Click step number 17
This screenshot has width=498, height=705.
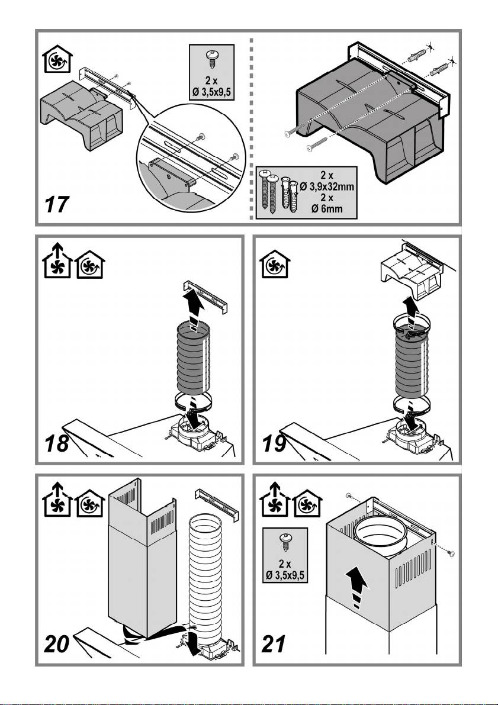(x=57, y=205)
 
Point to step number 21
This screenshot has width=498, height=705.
(x=274, y=645)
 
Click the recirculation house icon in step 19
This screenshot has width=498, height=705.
(x=275, y=264)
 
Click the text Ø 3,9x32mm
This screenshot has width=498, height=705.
(x=327, y=186)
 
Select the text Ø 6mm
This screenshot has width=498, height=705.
(x=327, y=208)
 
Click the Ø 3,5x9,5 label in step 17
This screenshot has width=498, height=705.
(x=211, y=95)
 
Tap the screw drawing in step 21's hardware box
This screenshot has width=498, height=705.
(x=285, y=541)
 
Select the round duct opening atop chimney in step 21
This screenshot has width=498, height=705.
(x=381, y=536)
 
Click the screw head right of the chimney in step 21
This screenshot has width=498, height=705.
(x=452, y=553)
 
